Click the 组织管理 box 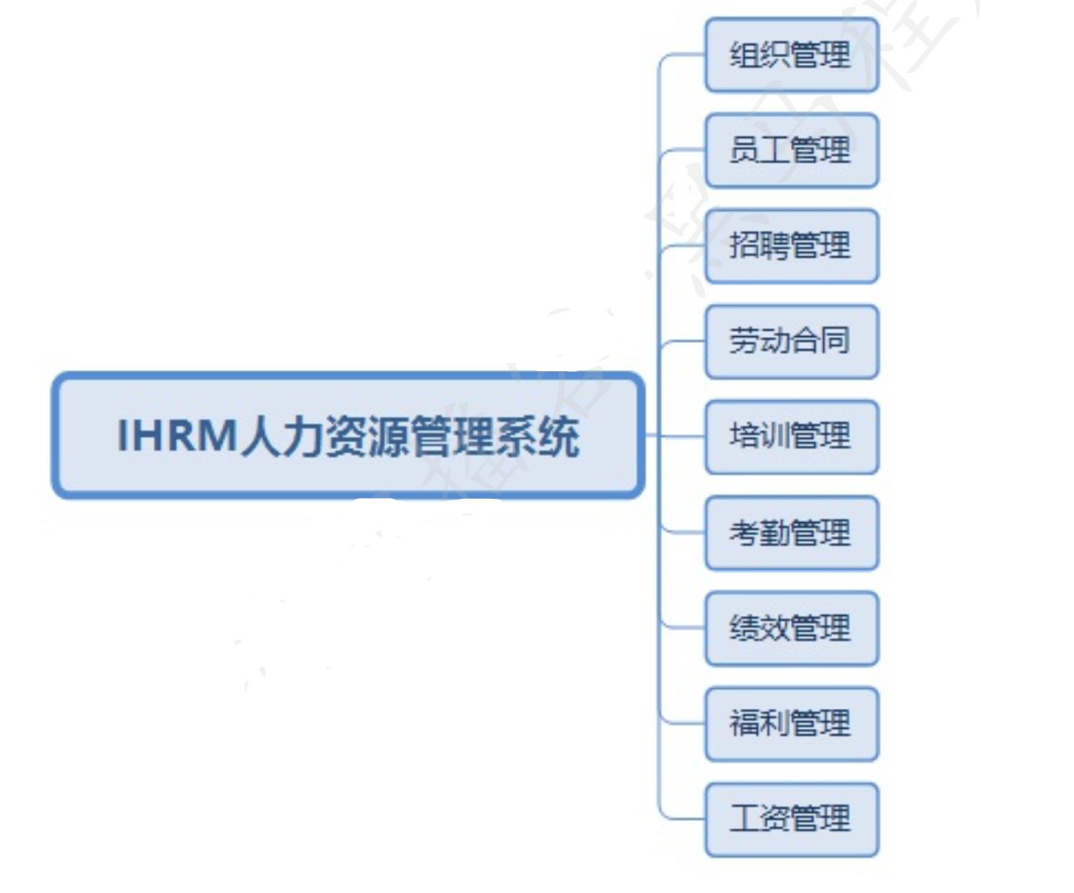click(791, 55)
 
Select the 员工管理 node click(791, 150)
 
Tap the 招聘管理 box click(791, 246)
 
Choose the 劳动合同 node click(791, 341)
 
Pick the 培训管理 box click(791, 437)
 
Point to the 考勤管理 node click(791, 532)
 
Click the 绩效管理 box click(791, 627)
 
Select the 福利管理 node click(791, 723)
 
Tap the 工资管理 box click(791, 818)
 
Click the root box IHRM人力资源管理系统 click(348, 435)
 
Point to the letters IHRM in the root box click(177, 435)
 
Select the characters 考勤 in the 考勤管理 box click(759, 532)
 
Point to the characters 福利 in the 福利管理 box click(759, 723)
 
